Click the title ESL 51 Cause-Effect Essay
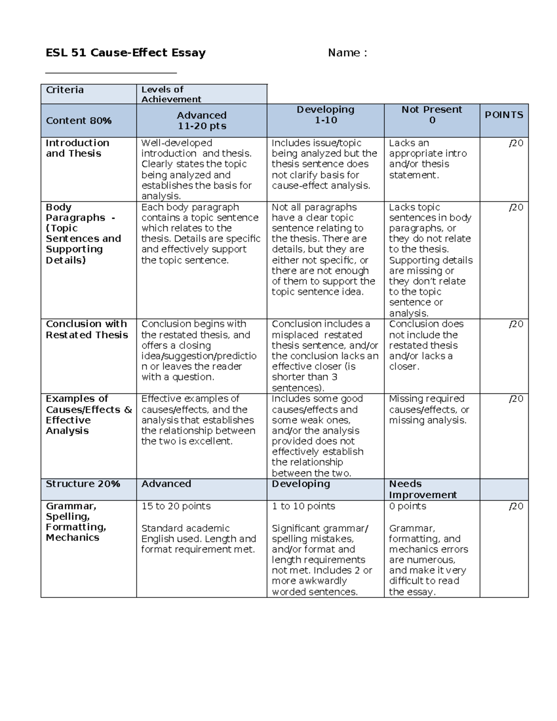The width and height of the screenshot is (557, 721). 125,53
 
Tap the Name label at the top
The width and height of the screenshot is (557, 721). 347,53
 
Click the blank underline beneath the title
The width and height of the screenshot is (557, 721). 111,72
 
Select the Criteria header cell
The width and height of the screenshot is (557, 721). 65,90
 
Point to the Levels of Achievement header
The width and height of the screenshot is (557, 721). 171,94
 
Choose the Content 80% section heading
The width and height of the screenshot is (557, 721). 78,121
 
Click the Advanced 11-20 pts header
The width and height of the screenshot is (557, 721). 201,121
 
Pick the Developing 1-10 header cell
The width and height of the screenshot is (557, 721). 325,115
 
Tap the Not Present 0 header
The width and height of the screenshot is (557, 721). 432,115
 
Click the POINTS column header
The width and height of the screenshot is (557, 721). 504,115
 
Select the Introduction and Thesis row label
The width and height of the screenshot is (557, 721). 78,148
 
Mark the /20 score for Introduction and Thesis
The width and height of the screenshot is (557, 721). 516,143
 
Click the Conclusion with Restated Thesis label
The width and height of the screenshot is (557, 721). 87,330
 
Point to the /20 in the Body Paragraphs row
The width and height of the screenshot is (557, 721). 516,208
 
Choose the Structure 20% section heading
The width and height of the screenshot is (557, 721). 83,484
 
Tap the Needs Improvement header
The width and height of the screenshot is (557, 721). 422,489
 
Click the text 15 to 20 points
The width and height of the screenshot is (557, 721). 176,506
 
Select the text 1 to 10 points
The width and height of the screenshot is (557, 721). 303,506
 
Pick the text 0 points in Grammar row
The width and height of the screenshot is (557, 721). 407,506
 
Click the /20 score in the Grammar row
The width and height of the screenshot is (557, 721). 516,506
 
